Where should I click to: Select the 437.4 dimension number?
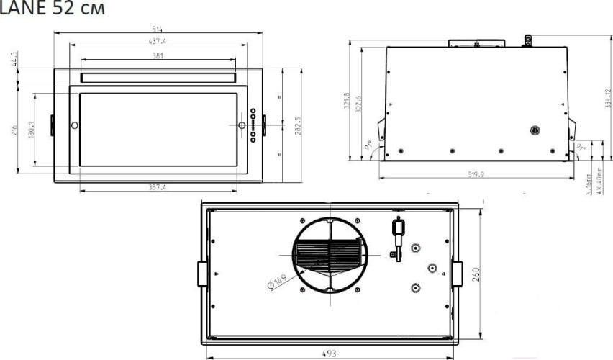pos(158,42)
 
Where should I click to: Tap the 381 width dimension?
pos(158,55)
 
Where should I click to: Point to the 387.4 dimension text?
pos(158,187)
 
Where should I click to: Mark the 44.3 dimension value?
pos(15,58)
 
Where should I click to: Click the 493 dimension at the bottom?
pos(329,352)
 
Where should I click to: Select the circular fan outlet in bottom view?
pos(328,253)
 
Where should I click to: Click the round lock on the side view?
pos(534,130)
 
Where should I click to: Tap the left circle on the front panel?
pos(75,125)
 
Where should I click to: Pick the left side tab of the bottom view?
pos(201,274)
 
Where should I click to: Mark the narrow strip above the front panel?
pos(158,77)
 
